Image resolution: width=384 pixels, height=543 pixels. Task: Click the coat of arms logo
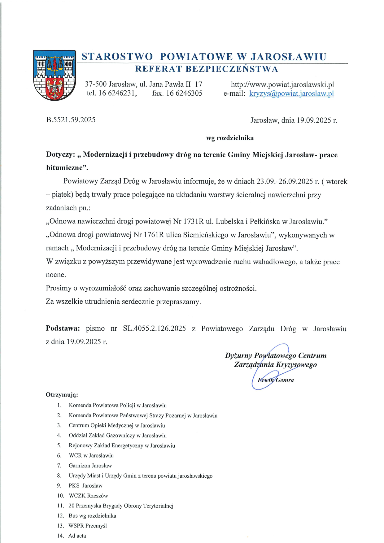pos(55,75)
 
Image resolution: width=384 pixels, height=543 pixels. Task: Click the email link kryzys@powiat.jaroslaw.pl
pos(291,93)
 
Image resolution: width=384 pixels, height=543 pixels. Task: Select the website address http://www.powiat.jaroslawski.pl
pos(282,84)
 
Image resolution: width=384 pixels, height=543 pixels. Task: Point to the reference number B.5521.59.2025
pos(71,120)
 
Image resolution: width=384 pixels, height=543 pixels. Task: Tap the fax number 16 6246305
pos(184,93)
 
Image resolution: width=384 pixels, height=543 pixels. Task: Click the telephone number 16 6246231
pos(117,93)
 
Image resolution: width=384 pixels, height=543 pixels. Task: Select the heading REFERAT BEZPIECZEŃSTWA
pos(207,69)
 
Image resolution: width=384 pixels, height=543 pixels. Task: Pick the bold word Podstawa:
pos(63,328)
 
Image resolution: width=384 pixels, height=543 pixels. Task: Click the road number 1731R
pos(194,221)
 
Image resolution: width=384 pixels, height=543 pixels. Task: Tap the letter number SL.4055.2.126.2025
pos(154,328)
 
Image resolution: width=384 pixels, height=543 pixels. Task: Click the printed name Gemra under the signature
pos(285,380)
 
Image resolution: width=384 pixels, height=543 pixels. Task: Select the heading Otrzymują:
pos(62,395)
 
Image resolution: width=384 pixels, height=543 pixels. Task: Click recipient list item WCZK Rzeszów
pos(88,496)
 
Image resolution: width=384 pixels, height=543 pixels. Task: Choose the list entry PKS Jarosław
pos(85,485)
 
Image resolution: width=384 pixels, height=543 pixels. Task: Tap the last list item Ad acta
pos(77,536)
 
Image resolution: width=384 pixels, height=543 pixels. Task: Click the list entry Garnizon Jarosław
pos(90,465)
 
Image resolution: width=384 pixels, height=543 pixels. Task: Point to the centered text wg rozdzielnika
pos(230,138)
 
